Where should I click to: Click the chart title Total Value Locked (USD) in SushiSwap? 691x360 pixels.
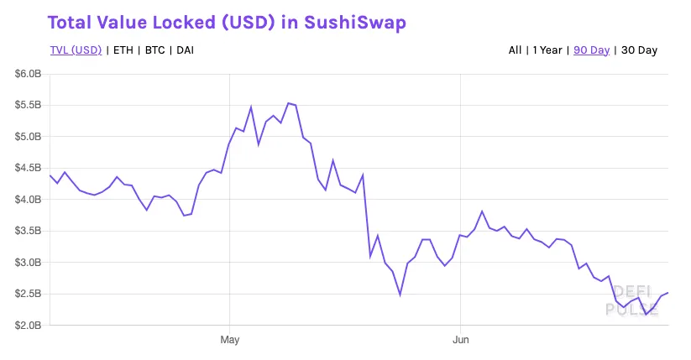[228, 23]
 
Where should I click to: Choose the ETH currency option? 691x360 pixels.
[123, 50]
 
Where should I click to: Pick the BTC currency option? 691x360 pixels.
[154, 50]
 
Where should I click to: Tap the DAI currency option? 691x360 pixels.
[186, 50]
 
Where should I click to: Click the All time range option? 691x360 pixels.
[515, 50]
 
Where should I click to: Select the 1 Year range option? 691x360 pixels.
[547, 50]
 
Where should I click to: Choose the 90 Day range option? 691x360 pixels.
[591, 50]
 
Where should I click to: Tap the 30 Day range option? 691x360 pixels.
[639, 50]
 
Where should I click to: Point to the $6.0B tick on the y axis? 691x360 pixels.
[29, 74]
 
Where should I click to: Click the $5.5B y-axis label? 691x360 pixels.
[29, 105]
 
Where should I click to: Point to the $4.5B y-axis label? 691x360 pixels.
[29, 168]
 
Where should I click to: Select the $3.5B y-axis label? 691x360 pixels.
[29, 231]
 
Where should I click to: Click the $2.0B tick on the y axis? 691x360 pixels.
[29, 326]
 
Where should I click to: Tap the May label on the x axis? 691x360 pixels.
[230, 340]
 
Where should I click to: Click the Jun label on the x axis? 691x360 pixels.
[460, 340]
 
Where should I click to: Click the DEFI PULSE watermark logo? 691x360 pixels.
[631, 300]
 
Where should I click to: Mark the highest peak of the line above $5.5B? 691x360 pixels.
[288, 103]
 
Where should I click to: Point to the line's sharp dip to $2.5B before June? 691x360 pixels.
[400, 295]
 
